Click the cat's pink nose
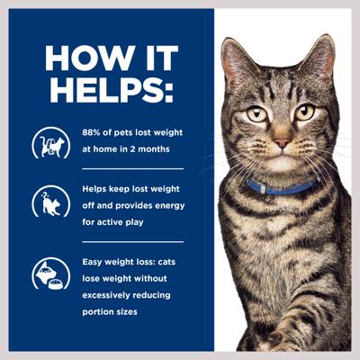coord(282,142)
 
